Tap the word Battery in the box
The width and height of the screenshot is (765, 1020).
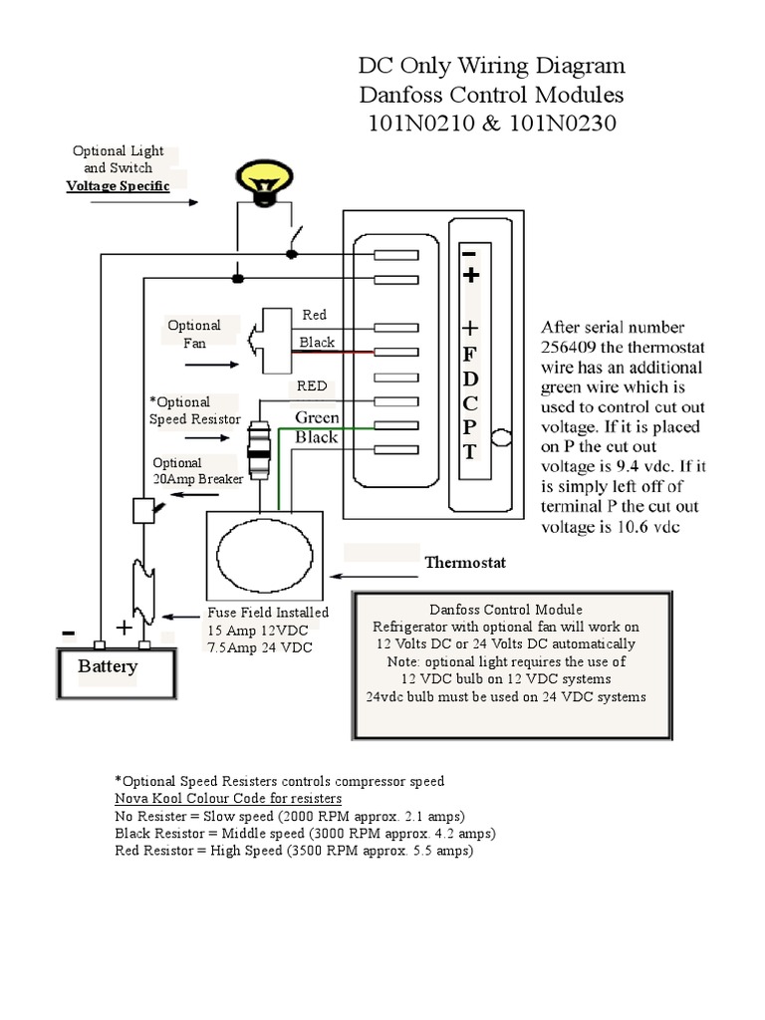(108, 666)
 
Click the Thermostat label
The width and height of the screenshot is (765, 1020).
(465, 563)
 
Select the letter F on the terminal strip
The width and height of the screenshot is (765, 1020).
(471, 357)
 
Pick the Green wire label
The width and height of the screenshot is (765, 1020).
(316, 418)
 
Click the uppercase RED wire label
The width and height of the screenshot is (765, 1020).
(313, 386)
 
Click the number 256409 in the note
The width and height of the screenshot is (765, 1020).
(574, 348)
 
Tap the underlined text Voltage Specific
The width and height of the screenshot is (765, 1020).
(118, 186)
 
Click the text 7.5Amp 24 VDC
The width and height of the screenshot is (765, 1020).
(259, 648)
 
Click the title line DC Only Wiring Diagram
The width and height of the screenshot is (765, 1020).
(492, 67)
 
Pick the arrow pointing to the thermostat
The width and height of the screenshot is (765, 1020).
(379, 575)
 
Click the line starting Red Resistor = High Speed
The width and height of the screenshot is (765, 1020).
(293, 852)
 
